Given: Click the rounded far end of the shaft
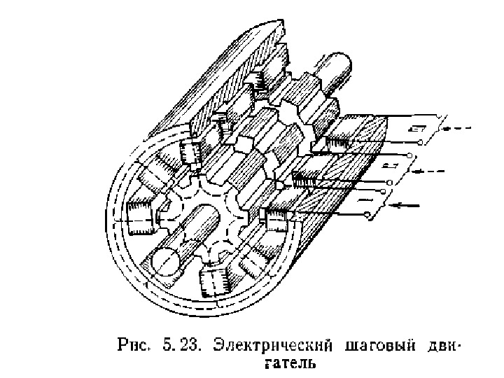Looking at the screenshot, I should (339, 67).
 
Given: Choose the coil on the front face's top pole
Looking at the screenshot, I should (189, 150).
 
